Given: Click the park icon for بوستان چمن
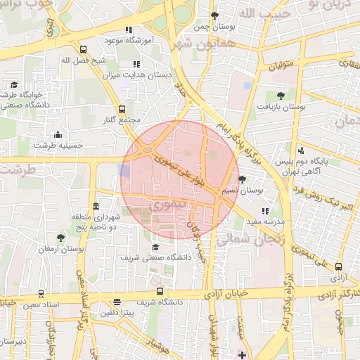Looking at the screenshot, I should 215,15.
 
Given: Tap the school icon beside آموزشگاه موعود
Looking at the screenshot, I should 127,30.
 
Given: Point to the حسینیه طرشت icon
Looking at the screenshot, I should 57,134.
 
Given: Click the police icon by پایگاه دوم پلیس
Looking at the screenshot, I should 301,150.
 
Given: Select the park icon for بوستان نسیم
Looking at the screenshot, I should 243,180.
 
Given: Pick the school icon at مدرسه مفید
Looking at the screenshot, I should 264,210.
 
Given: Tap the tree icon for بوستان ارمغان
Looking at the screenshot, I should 61,238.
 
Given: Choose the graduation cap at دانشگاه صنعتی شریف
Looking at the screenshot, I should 155,247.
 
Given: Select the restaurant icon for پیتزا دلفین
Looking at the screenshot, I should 116,302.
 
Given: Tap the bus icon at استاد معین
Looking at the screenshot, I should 41,293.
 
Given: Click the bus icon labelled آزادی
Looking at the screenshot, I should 339,266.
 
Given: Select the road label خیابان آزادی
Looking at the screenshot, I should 226,291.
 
